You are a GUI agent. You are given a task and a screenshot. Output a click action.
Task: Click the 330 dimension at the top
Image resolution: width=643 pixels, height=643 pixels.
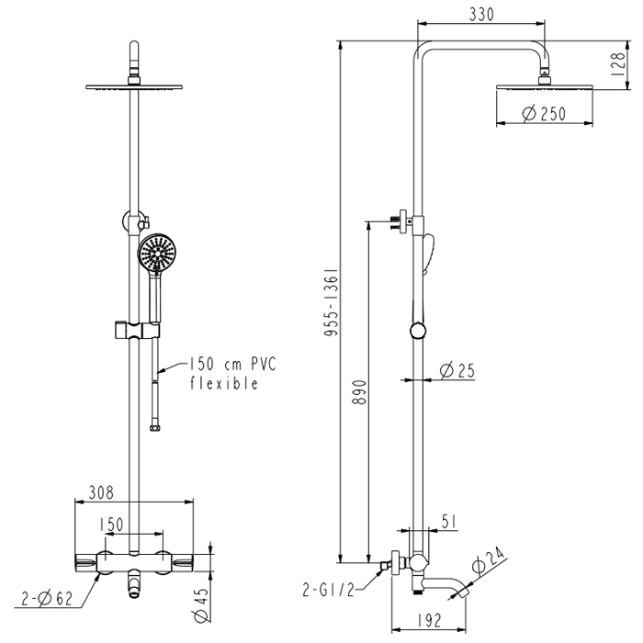(x=481, y=15)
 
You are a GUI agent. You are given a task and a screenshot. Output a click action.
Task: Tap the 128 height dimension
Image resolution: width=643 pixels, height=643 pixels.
(x=619, y=63)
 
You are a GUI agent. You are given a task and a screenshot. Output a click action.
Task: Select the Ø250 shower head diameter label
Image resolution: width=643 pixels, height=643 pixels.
(x=544, y=114)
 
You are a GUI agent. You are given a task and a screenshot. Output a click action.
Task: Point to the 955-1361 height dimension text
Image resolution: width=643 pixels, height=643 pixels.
(x=332, y=302)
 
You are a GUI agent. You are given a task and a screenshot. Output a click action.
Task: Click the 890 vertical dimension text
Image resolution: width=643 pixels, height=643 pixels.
(x=360, y=392)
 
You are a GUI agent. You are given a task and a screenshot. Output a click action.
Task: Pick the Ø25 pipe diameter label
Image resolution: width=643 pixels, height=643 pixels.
(x=457, y=371)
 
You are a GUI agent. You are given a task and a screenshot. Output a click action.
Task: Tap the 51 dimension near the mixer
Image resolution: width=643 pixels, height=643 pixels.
(x=449, y=522)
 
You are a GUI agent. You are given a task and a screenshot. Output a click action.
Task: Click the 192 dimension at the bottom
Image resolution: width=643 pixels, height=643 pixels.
(x=429, y=620)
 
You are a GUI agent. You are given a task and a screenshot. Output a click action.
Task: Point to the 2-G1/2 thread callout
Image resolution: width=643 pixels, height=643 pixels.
(x=328, y=590)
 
